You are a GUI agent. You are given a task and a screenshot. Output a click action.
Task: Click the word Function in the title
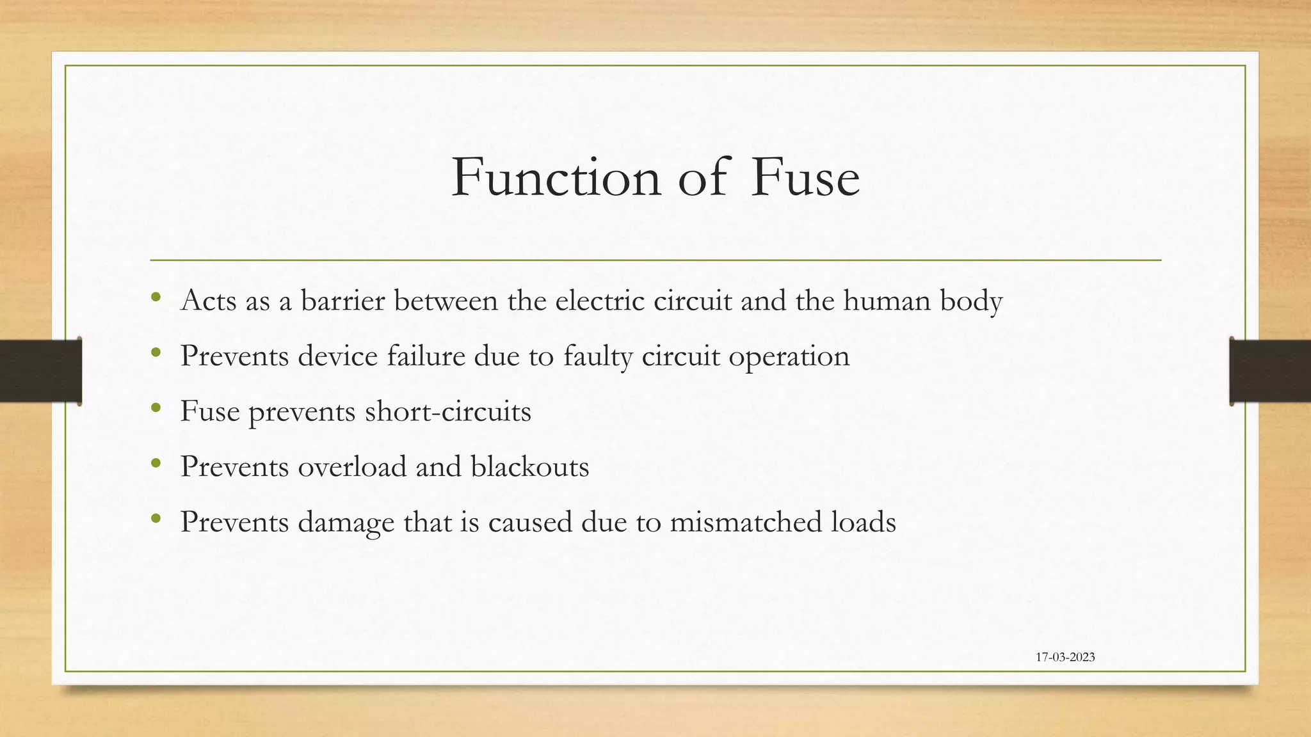pyautogui.click(x=556, y=177)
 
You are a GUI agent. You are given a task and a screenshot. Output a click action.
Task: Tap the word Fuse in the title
pyautogui.click(x=805, y=177)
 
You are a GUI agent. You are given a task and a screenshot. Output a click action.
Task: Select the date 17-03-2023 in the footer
pyautogui.click(x=1065, y=657)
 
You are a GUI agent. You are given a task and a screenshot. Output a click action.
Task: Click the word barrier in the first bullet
pyautogui.click(x=342, y=301)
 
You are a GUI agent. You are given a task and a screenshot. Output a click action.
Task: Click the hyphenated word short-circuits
pyautogui.click(x=448, y=411)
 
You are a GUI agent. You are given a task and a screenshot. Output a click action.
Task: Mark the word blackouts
pyautogui.click(x=530, y=466)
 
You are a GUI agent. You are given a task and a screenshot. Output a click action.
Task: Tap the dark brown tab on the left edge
pyautogui.click(x=40, y=371)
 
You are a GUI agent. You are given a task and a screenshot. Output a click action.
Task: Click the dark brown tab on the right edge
pyautogui.click(x=1270, y=371)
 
